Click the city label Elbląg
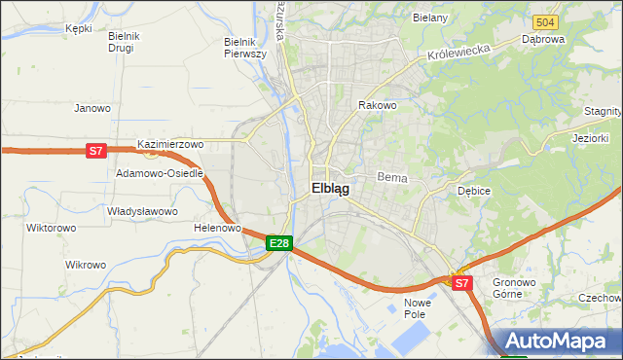tap(330, 189)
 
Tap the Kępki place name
tap(78, 28)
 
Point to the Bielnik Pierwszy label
tap(244, 48)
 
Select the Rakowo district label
tap(378, 105)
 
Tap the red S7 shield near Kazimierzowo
tap(94, 150)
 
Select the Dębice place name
tap(474, 191)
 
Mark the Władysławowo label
tap(142, 211)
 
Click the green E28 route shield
tap(278, 242)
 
